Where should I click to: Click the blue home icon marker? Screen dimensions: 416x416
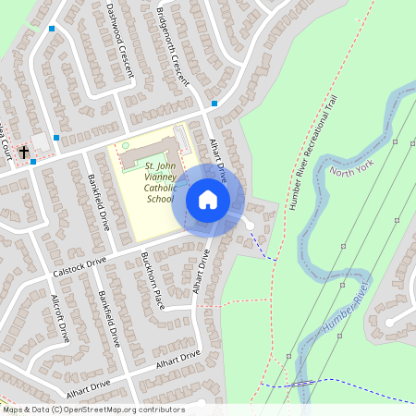point(208,200)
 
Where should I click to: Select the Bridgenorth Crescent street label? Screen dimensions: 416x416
point(173,46)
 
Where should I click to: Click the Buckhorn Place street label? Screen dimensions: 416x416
point(152,280)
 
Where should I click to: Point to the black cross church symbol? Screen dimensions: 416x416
point(24,151)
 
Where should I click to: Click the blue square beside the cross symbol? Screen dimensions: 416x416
point(33,161)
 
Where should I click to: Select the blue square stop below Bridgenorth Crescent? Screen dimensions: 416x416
point(214,104)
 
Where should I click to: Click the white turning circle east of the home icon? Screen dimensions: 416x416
point(249,225)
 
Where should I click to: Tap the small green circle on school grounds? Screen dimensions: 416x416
point(126,146)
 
